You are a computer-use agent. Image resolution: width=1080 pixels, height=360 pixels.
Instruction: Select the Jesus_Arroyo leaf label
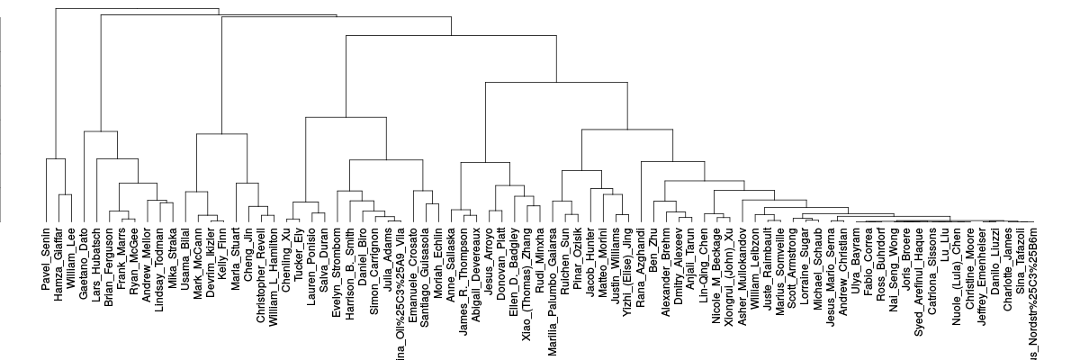(490, 255)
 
